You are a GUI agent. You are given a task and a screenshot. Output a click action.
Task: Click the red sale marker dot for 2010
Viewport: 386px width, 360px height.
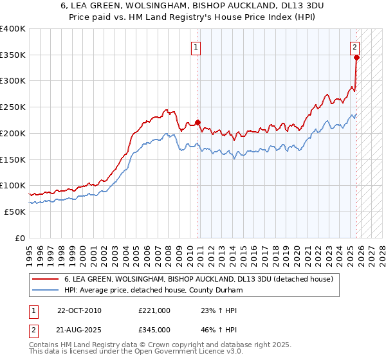click(x=198, y=122)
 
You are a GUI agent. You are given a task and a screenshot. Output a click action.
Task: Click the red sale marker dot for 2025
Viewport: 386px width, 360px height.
click(x=356, y=57)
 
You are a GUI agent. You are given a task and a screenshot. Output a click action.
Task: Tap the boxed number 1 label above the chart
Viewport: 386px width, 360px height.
click(x=195, y=46)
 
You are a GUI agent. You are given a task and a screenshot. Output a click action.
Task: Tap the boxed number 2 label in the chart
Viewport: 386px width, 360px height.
click(x=354, y=46)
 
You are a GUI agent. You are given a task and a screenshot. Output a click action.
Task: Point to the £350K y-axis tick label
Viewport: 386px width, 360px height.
click(x=13, y=55)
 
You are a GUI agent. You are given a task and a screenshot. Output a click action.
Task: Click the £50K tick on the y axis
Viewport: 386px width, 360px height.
click(x=15, y=212)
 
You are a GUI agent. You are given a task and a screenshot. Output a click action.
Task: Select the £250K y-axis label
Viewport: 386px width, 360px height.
click(x=13, y=107)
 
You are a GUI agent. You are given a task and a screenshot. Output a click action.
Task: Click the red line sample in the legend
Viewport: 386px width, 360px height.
click(x=46, y=279)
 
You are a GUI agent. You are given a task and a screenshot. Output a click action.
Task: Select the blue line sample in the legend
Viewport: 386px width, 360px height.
click(x=46, y=290)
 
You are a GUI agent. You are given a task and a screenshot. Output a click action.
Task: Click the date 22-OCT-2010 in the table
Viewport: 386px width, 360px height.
click(x=79, y=310)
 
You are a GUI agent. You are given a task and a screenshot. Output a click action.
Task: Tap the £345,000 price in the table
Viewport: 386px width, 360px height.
click(x=154, y=329)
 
